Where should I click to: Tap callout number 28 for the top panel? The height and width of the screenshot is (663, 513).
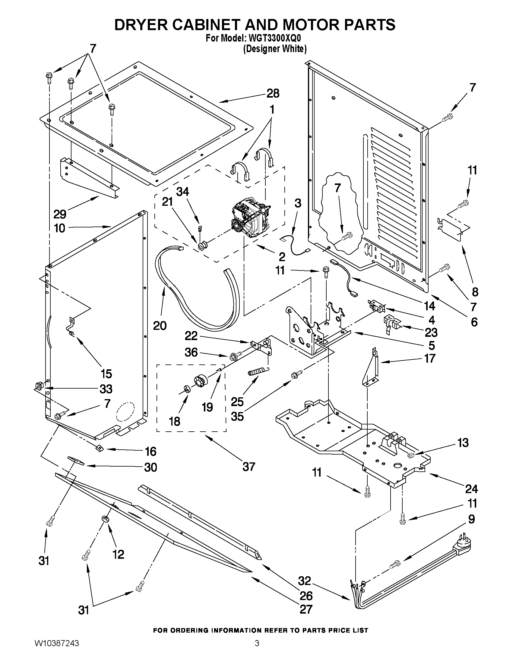coord(273,93)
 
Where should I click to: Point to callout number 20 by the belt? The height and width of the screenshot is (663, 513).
coord(160,325)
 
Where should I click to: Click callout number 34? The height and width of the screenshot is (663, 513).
coord(183,192)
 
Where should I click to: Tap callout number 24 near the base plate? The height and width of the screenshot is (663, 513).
coord(471,489)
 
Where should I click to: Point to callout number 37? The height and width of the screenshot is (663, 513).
coord(248,467)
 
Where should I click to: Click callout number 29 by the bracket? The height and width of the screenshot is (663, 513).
coord(60,214)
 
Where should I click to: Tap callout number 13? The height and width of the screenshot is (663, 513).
coord(463,443)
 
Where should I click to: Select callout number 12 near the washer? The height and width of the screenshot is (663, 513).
coord(118,555)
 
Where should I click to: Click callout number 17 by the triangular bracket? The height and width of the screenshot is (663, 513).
coord(429,358)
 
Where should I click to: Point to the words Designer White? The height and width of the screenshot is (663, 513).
coord(274,48)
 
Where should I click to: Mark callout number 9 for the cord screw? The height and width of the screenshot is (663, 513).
coord(471,519)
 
